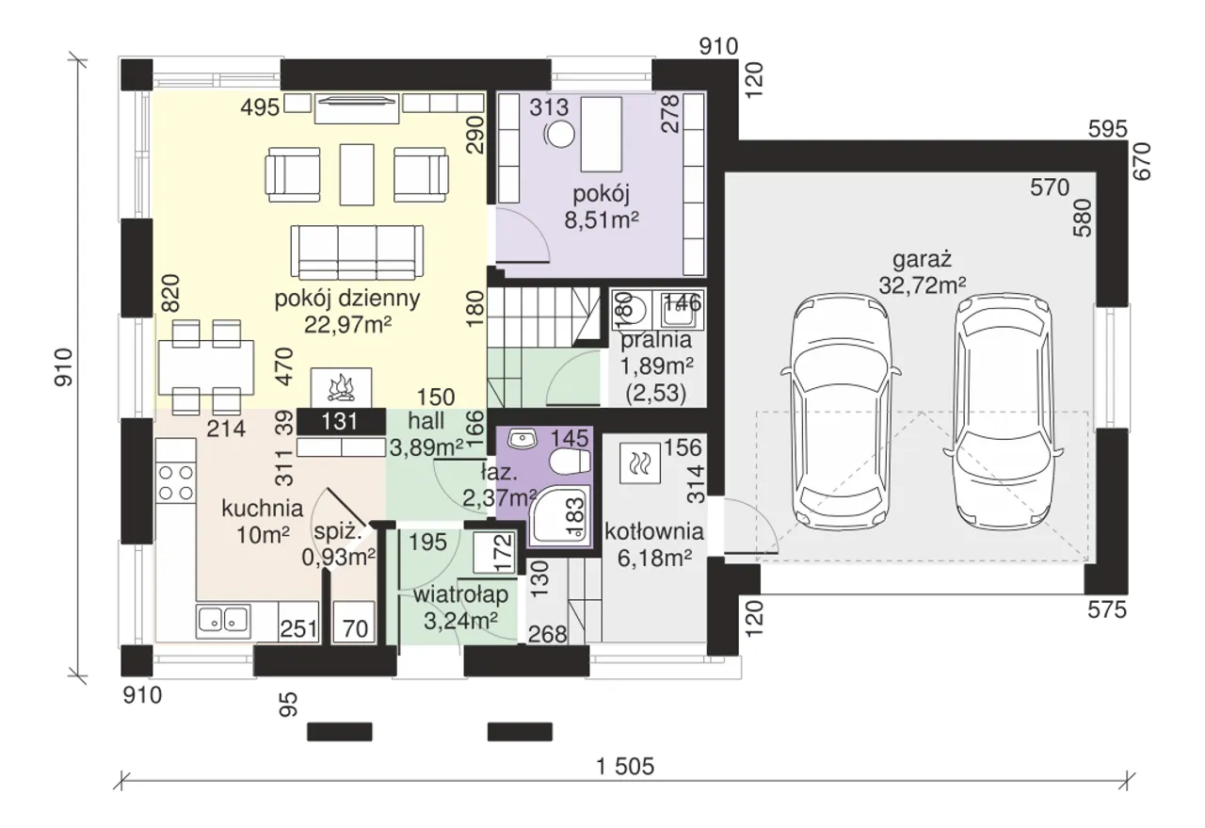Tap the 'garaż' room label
922,259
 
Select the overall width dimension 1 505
625,767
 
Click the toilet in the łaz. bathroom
570,462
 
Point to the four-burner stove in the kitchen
175,482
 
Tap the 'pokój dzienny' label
347,298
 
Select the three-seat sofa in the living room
357,252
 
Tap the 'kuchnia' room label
263,508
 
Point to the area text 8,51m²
602,219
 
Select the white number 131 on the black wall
340,422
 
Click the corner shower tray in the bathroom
560,515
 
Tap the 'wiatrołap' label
461,595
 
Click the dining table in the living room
206,367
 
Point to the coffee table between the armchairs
357,174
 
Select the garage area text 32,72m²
922,285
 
